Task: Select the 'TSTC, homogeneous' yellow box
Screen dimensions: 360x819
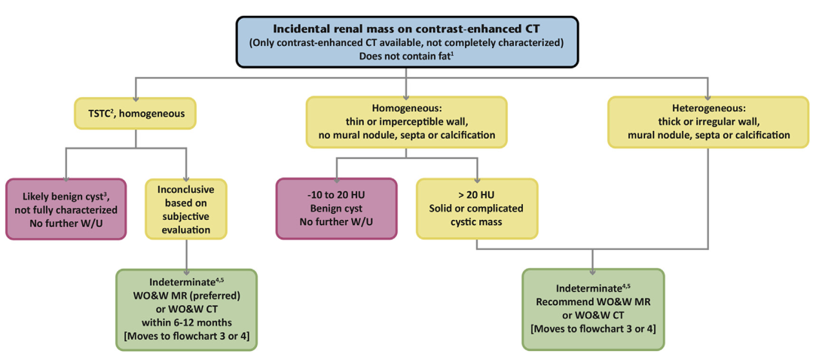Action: coord(136,114)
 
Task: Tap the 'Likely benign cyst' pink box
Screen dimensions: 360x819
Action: coord(66,209)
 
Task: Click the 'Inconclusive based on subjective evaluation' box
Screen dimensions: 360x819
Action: coord(185,209)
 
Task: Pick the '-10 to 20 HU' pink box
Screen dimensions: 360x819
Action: coord(336,209)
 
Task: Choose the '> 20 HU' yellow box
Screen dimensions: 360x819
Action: coord(476,209)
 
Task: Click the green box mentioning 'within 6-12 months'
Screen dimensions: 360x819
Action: coord(185,309)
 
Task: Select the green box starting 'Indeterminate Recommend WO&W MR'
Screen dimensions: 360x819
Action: coord(593,309)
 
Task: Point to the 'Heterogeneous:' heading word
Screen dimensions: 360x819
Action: coord(708,108)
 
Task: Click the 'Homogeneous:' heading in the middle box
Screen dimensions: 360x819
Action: coord(406,108)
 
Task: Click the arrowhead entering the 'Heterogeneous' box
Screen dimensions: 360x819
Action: coord(708,93)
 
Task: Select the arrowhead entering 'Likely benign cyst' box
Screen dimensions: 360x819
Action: coord(66,174)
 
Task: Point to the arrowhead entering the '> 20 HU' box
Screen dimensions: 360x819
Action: coord(476,174)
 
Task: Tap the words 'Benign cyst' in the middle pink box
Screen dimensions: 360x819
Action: coord(336,209)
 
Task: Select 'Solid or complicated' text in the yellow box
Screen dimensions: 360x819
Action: coord(476,209)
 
